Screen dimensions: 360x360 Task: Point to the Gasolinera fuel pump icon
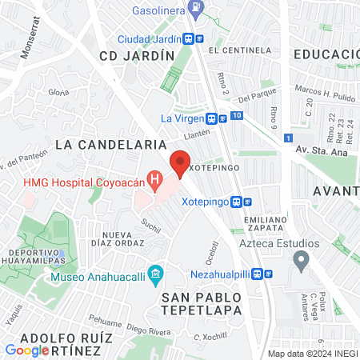[x=196, y=9]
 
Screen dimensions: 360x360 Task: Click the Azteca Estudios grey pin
[x=301, y=258]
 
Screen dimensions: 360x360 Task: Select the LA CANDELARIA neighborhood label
[x=110, y=144]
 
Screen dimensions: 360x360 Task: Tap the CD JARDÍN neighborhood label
[x=136, y=56]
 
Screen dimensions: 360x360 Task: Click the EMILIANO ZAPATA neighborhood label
[x=265, y=224]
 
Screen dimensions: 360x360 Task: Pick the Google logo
[x=26, y=350]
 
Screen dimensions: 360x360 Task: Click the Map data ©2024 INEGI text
[x=312, y=354]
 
